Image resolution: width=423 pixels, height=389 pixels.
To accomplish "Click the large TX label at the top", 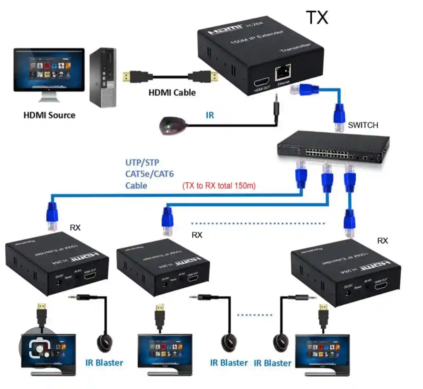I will pos(317,17).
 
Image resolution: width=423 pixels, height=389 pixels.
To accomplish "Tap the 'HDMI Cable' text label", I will pos(172,93).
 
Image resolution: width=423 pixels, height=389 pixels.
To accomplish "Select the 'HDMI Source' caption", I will pos(49,115).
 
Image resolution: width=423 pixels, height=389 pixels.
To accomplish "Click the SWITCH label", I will pos(363,125).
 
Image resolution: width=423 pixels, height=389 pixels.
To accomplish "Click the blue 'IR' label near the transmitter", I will pos(210,115).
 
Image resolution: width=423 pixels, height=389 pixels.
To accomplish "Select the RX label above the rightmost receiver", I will pos(383,241).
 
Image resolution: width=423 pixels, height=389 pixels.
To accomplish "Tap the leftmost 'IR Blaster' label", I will pos(104,363).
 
